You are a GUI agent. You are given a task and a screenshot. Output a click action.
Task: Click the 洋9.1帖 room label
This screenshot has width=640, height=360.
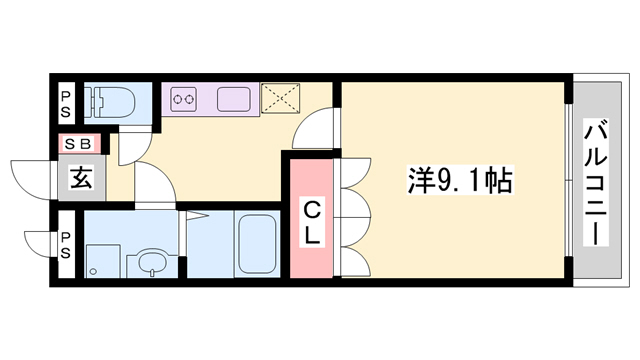coord(461,182)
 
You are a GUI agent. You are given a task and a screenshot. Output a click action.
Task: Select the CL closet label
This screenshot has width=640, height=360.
coord(311,223)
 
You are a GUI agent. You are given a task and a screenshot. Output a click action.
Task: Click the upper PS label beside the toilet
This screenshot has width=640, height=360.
coord(65,104)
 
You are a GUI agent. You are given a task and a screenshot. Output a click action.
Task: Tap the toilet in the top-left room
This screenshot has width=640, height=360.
coord(109,102)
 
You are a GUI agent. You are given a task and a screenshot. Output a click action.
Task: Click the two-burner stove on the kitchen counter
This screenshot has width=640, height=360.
coord(184,99)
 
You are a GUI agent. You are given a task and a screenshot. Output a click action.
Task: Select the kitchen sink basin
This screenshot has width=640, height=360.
coord(235,98)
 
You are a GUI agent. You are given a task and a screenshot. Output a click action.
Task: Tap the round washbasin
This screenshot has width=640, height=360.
coord(151,263)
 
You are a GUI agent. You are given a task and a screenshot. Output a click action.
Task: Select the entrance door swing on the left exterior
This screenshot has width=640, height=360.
coord(30,180)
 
